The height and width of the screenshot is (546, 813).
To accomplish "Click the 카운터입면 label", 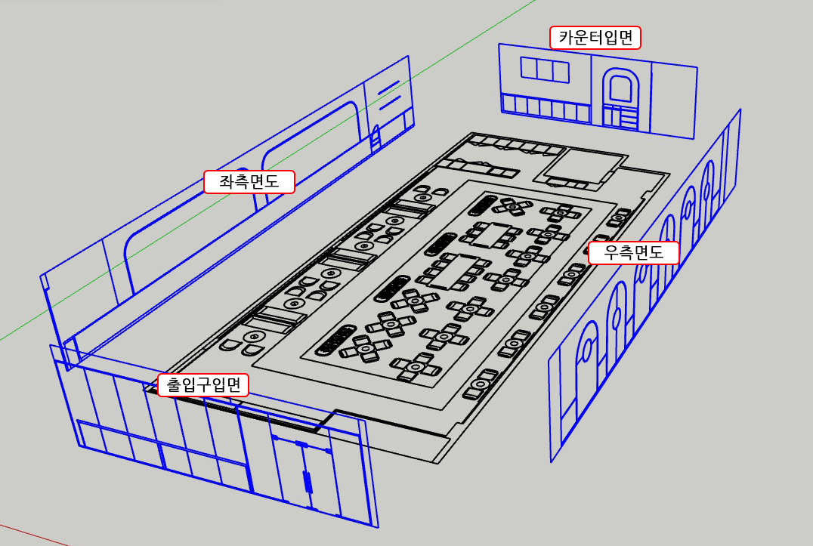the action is point(595,37).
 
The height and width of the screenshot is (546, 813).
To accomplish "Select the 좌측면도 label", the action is point(249,182).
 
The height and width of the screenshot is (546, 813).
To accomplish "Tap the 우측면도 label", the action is point(633,254).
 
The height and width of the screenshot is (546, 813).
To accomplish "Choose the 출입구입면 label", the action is point(203,385).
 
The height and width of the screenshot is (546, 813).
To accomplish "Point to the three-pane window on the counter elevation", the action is point(544,70).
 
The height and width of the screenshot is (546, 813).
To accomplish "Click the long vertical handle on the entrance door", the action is point(307,481).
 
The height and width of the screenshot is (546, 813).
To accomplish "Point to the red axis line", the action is point(30,532).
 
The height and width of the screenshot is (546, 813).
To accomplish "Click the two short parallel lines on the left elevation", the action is point(388,95).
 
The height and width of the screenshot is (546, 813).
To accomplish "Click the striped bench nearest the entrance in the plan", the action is point(337,341).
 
